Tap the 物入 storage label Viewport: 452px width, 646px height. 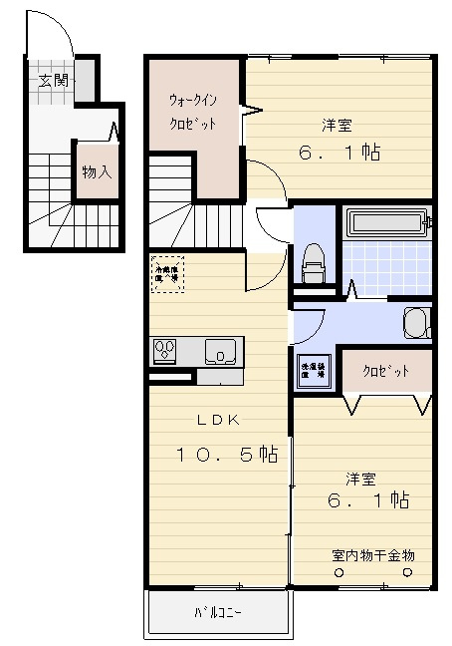coord(96,171)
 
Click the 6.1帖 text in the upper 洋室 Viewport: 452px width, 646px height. coord(339,154)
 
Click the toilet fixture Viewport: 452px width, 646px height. coord(313,260)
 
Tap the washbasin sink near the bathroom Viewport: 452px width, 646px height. coord(417,322)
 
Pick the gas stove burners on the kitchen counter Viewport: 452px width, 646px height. coord(164,351)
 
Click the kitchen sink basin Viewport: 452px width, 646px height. coord(220,351)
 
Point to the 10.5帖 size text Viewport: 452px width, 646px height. coord(227,455)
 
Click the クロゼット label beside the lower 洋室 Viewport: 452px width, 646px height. coord(385,371)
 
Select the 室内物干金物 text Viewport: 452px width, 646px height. coord(373,554)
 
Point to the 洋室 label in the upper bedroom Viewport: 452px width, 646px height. coord(338,126)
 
